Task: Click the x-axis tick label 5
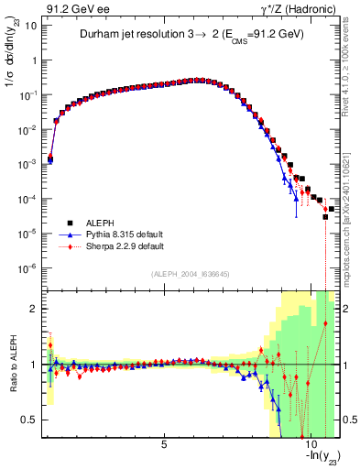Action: tap(164, 446)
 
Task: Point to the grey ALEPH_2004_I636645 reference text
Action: tap(190, 274)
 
